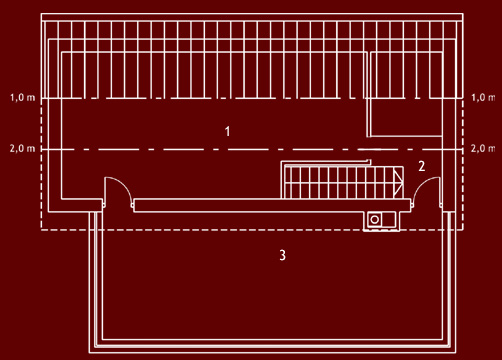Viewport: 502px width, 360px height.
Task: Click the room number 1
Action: (x=228, y=131)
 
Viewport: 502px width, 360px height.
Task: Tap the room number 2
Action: (x=422, y=166)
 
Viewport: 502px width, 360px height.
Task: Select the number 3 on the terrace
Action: (x=283, y=255)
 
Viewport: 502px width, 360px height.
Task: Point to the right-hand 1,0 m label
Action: (x=481, y=98)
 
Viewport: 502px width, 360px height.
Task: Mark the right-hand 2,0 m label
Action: (x=481, y=148)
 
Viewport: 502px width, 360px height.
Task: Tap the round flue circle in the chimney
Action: (x=374, y=219)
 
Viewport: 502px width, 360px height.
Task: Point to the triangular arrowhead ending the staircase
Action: (x=398, y=182)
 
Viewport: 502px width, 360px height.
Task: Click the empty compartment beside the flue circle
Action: (x=387, y=219)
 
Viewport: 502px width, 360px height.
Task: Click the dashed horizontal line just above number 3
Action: (x=250, y=230)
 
